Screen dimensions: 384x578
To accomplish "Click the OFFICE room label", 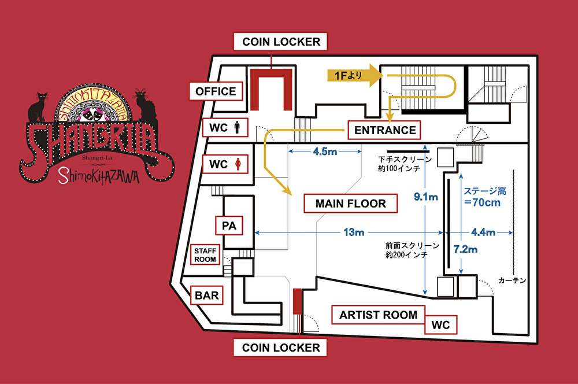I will pos(216,91).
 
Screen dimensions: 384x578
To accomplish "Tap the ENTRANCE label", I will pos(385,130).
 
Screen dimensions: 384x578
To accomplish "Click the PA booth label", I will pos(229,226).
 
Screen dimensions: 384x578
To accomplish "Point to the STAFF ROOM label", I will pos(205,255).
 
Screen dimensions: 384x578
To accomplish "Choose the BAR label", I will pos(206,296).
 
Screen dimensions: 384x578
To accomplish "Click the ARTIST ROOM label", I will pos(378,315).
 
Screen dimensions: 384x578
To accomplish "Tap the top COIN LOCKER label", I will pos(281,42).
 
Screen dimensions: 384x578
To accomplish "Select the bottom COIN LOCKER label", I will pos(281,348).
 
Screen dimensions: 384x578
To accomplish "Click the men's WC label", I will pos(224,127).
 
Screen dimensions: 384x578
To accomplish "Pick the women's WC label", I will pos(224,164).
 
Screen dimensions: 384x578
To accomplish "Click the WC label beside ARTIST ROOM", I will pos(441,324).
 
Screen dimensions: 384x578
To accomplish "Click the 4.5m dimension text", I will pos(325,153).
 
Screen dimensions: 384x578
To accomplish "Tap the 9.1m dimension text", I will pos(425,197).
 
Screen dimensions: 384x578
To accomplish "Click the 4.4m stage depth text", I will pos(483,232).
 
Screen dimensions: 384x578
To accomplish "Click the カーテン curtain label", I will pos(512,280).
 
